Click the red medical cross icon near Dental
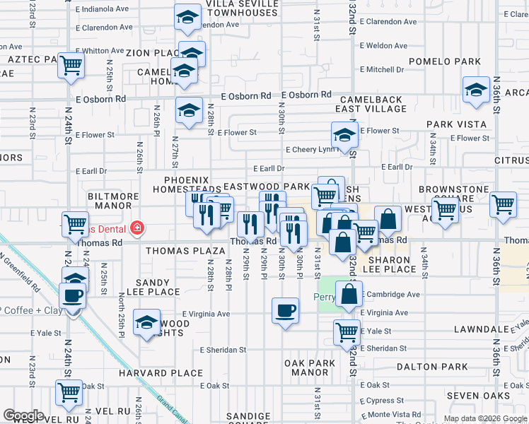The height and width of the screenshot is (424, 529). (x=136, y=228)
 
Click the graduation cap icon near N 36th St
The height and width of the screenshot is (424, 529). (x=477, y=90)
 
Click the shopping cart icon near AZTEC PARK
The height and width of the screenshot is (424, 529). (x=71, y=65)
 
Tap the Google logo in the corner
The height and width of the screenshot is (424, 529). (x=23, y=416)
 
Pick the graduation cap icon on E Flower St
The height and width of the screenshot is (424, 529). (x=344, y=136)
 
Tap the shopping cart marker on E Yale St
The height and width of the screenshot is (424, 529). (x=346, y=331)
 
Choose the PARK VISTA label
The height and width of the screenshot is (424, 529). (x=456, y=124)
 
